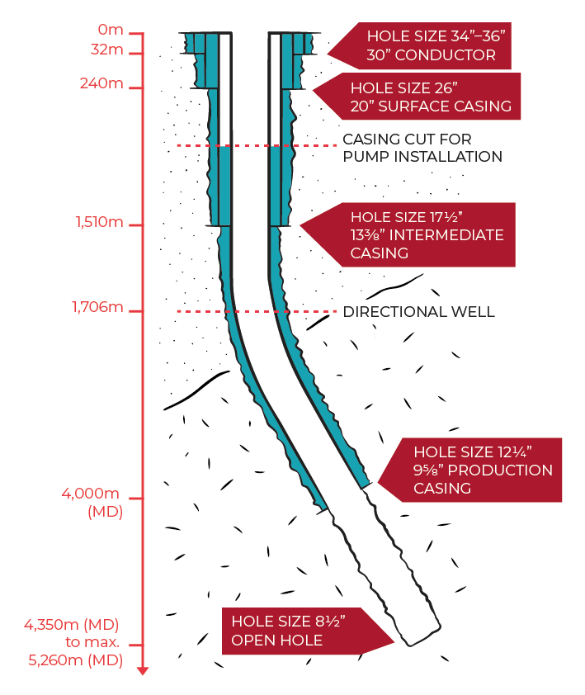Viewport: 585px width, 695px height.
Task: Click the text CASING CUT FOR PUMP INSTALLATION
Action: [x=422, y=148]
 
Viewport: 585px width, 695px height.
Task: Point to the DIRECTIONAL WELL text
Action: [x=418, y=312]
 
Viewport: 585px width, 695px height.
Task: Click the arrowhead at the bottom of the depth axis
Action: [x=143, y=669]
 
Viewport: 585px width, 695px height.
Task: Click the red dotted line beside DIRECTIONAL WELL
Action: [x=256, y=311]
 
